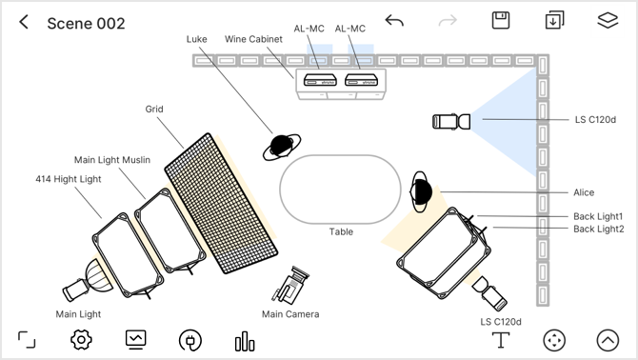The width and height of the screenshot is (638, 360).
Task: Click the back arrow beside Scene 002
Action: point(24,22)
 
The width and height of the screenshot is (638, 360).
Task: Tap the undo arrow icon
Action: point(394,20)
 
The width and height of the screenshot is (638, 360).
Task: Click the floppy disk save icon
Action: point(501,20)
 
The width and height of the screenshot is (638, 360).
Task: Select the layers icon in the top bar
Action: point(608,20)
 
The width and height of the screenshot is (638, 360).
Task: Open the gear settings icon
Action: point(81,340)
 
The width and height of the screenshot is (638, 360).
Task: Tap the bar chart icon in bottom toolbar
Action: point(245,341)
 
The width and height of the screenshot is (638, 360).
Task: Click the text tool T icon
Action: point(501,340)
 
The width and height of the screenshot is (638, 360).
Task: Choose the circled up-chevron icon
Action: point(608,340)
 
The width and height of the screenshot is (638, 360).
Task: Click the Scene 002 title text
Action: point(86,24)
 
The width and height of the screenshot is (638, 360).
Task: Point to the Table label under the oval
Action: point(341,231)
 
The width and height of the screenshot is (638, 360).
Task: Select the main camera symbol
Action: point(290,285)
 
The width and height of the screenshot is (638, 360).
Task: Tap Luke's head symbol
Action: point(282,147)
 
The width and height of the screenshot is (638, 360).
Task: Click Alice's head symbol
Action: point(421,191)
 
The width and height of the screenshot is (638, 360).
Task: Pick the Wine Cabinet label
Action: point(253,39)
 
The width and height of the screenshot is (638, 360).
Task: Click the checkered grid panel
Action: point(221,204)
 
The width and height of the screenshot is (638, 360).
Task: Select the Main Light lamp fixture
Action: point(88,281)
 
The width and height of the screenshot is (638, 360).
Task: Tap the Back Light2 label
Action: point(599,229)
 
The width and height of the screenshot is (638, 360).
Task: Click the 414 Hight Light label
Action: point(69,179)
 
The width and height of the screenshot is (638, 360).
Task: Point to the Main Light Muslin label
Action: point(112,160)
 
